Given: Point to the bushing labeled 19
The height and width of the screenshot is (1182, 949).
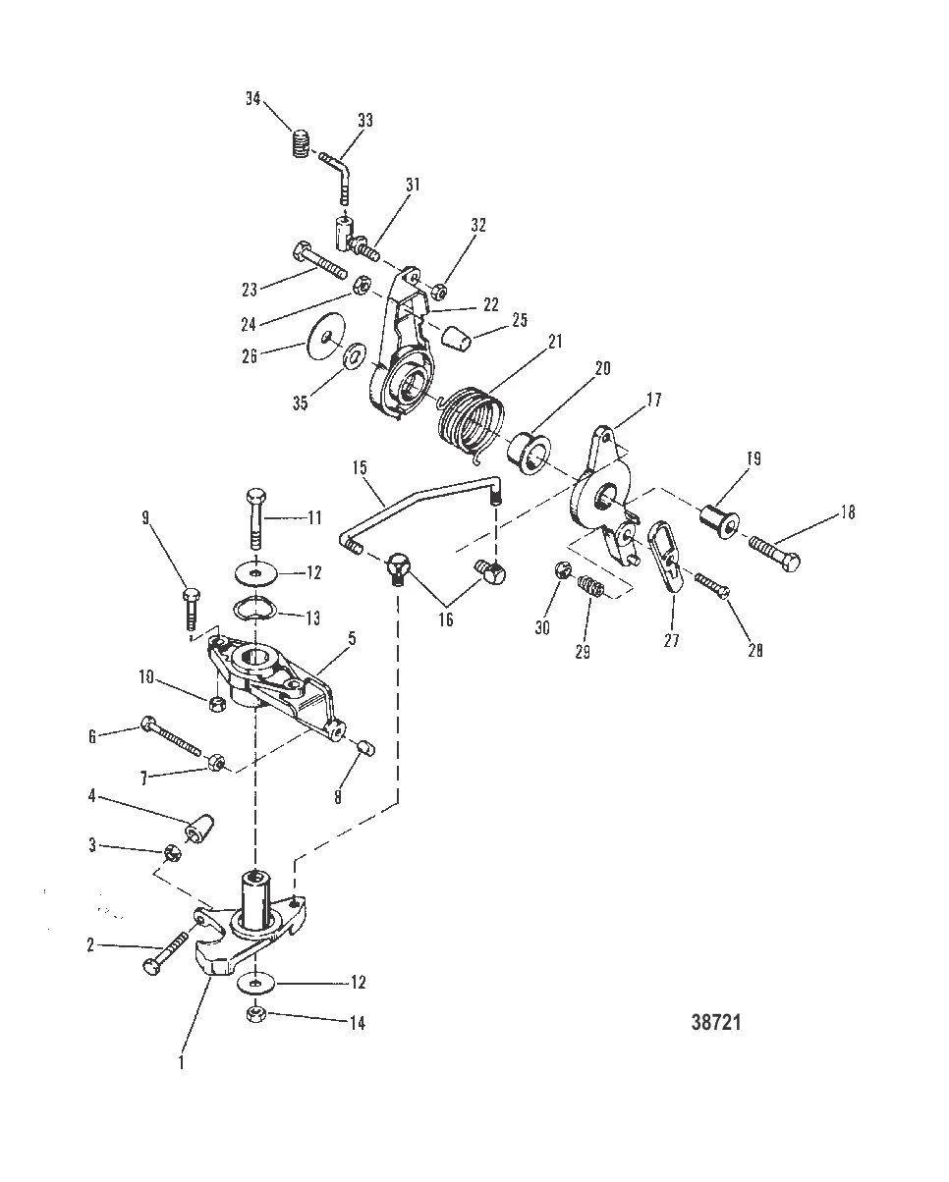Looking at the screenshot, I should coord(717,516).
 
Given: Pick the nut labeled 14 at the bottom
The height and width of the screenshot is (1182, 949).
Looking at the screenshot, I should coord(256,1013).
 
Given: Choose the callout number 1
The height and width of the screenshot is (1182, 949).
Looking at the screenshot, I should coord(182,1059).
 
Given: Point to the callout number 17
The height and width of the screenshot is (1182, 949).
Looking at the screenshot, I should coord(653,401).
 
